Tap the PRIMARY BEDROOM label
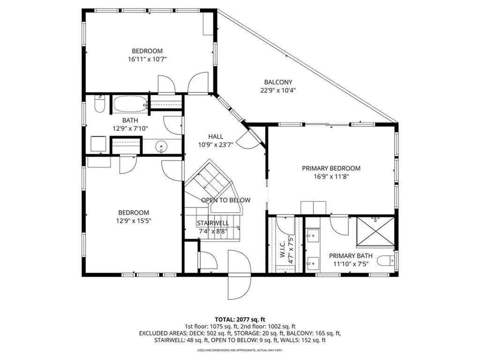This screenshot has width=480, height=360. pos(331,168)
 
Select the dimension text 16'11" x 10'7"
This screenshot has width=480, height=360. pos(147,60)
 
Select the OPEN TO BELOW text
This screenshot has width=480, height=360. pos(225,200)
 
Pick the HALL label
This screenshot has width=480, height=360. pos(215,136)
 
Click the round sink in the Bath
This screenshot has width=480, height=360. pos(162,147)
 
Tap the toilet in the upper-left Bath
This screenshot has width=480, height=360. pos(99,105)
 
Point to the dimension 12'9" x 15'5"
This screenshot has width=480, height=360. pos(134,221)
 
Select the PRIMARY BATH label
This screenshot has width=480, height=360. pos(351,255)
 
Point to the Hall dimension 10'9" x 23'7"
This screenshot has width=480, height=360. pos(215,145)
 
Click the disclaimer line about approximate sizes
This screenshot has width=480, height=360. pos(240,350)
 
